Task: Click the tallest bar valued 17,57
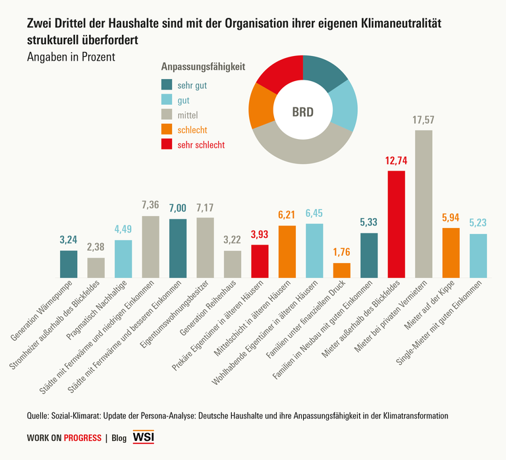coord(424,204)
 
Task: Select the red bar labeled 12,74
coord(396,224)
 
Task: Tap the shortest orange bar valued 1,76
coord(341,270)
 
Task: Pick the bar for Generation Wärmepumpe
coord(69,264)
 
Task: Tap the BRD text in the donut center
coord(302,111)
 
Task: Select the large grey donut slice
coord(300,149)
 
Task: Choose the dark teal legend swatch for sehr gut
coord(167,85)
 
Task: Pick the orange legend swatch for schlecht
coord(167,130)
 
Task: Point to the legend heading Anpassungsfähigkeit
coord(203,67)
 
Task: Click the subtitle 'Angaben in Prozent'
coord(70,57)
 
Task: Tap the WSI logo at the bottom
coord(144,437)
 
